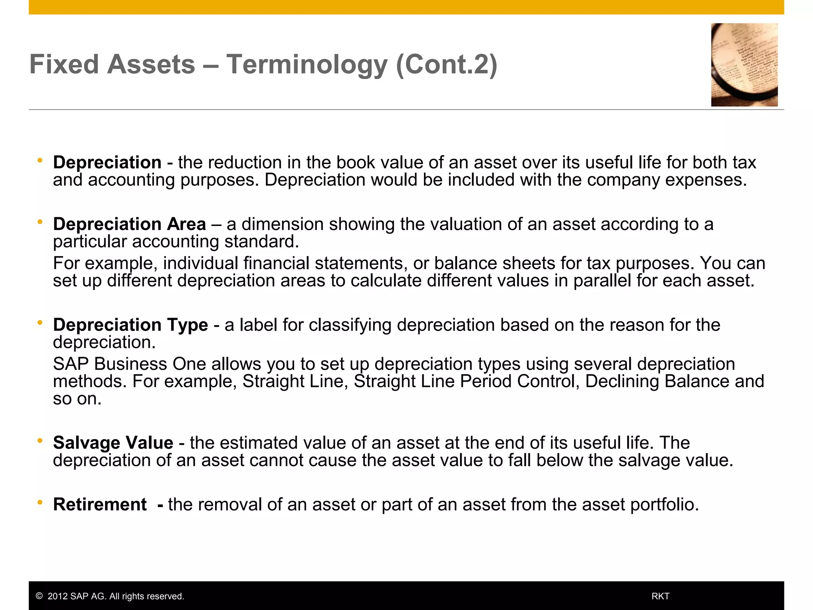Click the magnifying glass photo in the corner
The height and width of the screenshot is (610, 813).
point(744,65)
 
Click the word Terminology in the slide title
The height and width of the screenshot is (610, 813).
point(306,64)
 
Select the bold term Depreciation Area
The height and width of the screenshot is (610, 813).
point(129,224)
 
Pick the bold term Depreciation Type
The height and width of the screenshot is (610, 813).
point(130,325)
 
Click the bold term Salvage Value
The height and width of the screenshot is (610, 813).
point(113,443)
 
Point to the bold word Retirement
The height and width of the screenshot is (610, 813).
point(100,505)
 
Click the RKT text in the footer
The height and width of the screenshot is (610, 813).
point(661,596)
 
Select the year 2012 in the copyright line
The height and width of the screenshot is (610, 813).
point(57,596)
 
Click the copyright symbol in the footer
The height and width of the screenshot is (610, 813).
point(39,596)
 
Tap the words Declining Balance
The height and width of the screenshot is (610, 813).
point(657,382)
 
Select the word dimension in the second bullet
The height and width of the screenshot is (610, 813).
point(283,224)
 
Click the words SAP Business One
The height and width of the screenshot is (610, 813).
point(130,364)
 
